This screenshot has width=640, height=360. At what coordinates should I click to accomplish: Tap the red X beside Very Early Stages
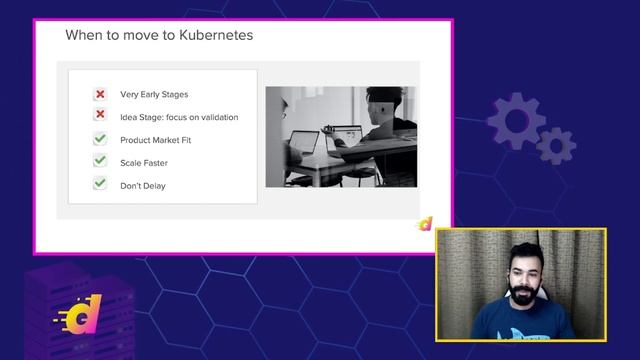(100, 94)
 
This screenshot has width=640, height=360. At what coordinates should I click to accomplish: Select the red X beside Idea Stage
(100, 116)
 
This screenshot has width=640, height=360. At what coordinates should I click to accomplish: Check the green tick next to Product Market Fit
(100, 139)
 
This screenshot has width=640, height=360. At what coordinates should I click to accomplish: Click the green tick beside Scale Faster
(100, 161)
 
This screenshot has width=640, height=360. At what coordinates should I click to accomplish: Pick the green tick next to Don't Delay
(100, 184)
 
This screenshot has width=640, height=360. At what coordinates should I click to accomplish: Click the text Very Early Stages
(154, 94)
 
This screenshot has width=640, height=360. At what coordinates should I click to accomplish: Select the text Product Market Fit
(155, 140)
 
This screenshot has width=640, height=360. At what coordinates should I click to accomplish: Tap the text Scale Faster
(144, 162)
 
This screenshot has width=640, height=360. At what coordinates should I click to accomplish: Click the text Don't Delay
(142, 185)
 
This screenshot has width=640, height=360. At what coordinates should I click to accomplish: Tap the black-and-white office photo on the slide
(341, 136)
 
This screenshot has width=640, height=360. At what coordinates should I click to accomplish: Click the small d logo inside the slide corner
(426, 224)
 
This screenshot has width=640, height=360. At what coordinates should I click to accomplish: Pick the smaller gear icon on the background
(555, 146)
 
